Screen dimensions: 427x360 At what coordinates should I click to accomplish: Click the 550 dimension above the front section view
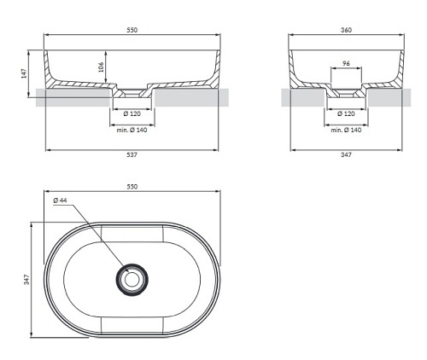tap(132, 30)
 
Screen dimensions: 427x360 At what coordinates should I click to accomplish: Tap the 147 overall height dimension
tap(24, 73)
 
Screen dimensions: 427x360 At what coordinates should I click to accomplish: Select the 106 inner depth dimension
tap(101, 67)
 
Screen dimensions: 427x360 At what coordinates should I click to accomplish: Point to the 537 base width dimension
tap(132, 154)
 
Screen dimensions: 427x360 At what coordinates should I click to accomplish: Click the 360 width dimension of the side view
tap(346, 30)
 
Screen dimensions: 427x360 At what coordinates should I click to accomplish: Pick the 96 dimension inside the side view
tap(346, 63)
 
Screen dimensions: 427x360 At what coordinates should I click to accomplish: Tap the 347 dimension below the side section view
tap(346, 154)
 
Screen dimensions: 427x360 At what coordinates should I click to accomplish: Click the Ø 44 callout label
tap(60, 200)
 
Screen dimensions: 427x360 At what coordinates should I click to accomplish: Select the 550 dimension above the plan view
tap(132, 187)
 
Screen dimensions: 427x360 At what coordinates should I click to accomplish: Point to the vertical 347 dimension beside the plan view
tap(26, 280)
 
